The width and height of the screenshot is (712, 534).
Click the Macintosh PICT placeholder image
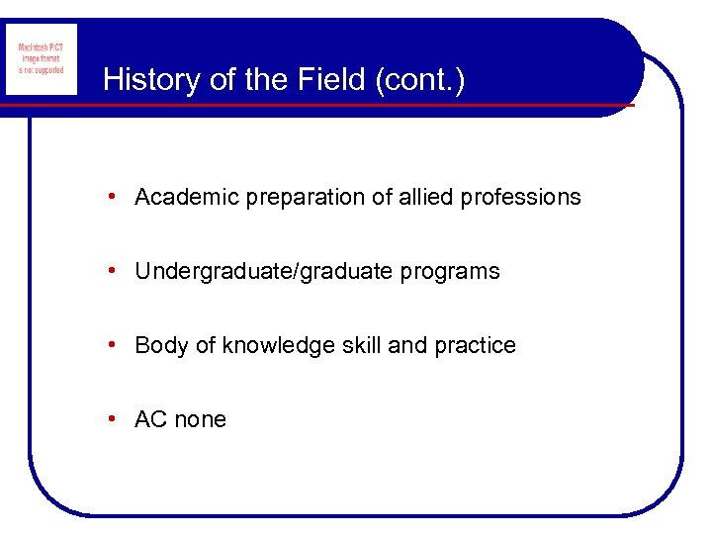click(x=41, y=59)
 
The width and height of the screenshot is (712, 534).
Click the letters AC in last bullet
click(x=150, y=419)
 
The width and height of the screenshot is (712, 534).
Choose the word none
click(x=200, y=419)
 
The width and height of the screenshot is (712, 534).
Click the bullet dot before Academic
click(x=116, y=197)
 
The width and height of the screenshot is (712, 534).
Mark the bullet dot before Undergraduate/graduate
click(x=116, y=271)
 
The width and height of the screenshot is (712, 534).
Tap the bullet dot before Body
click(x=116, y=345)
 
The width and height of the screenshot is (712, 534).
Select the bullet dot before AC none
click(x=116, y=419)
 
